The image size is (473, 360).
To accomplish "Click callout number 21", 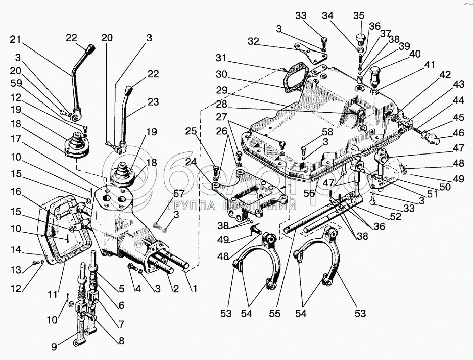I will pos(17,39).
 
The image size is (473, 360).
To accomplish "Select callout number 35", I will pos(358,15).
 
